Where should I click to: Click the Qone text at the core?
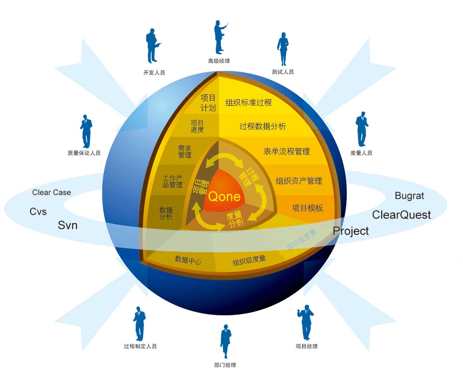[224, 197]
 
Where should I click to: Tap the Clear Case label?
[52, 193]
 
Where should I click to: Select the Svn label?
[68, 225]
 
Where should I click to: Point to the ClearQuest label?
[401, 215]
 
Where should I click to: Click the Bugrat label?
[409, 196]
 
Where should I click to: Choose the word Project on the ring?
[351, 231]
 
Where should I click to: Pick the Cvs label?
[38, 212]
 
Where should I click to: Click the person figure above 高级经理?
[220, 37]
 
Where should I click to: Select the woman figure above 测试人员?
[283, 49]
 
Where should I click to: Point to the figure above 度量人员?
[361, 129]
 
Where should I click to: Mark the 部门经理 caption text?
[225, 365]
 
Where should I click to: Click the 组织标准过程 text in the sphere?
[248, 103]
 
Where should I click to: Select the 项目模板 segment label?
[307, 208]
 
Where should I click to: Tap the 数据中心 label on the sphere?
[188, 260]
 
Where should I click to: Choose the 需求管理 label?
[185, 152]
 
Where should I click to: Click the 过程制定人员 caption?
[140, 346]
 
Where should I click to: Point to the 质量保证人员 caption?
[84, 153]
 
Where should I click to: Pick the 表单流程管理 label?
[286, 151]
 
